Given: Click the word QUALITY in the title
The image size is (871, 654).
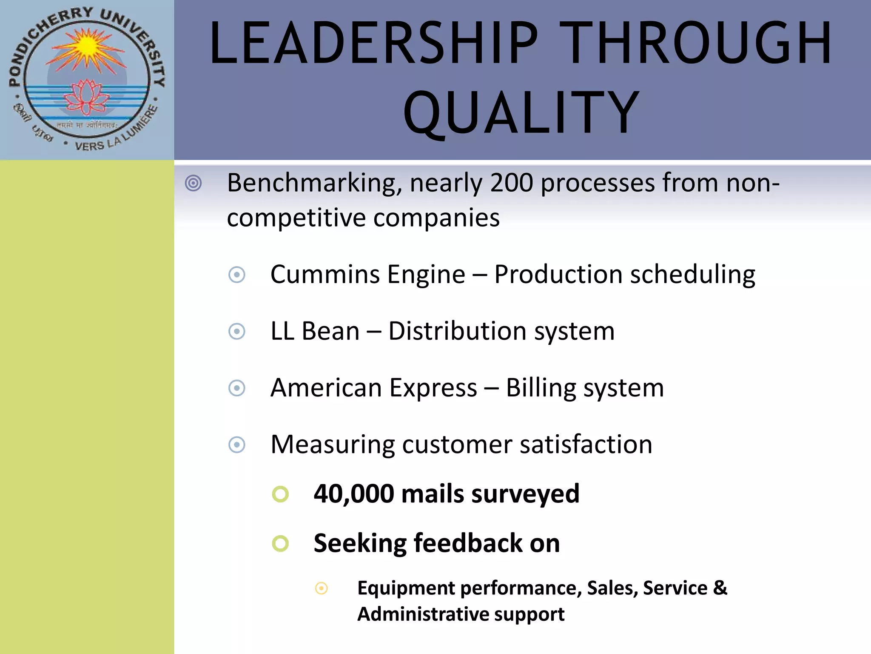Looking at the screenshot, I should pyautogui.click(x=521, y=113).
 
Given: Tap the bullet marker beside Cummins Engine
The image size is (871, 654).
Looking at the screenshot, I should pyautogui.click(x=237, y=275).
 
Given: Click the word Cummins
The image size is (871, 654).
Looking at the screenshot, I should pyautogui.click(x=325, y=274).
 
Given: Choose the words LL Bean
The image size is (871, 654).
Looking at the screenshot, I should pyautogui.click(x=315, y=331).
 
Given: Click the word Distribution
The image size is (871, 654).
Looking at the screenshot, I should pyautogui.click(x=457, y=331).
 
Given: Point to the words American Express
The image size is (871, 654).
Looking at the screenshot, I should pyautogui.click(x=373, y=388).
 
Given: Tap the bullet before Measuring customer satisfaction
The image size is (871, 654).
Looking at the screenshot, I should pyautogui.click(x=237, y=445).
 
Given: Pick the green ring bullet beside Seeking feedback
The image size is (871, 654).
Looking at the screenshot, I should pyautogui.click(x=280, y=543).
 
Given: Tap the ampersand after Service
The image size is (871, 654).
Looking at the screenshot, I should pyautogui.click(x=720, y=588).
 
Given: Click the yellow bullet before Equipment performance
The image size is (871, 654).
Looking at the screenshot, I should pyautogui.click(x=321, y=588).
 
